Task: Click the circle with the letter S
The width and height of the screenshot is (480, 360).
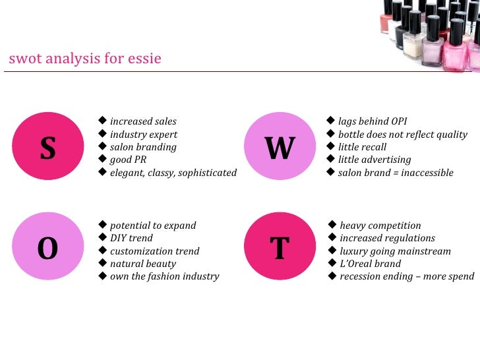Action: (x=47, y=147)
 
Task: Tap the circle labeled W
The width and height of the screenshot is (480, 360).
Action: (x=279, y=147)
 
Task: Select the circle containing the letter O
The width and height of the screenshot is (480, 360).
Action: (x=47, y=249)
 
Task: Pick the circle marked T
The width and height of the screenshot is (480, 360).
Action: (x=279, y=249)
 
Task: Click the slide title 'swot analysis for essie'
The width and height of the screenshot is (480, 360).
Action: (x=85, y=59)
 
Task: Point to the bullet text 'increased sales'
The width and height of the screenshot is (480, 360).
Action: (x=143, y=121)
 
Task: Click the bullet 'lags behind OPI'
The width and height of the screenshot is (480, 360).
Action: (x=373, y=121)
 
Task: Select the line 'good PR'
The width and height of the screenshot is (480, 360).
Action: (x=128, y=160)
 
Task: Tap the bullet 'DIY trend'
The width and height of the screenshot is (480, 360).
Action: (x=131, y=238)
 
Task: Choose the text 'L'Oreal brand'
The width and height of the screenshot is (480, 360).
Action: (x=370, y=264)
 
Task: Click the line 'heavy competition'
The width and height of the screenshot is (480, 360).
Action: (x=380, y=225)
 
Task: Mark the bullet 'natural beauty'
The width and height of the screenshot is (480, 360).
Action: (x=143, y=264)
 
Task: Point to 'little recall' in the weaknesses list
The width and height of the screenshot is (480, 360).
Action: (x=362, y=147)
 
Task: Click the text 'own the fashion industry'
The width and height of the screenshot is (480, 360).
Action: (x=164, y=276)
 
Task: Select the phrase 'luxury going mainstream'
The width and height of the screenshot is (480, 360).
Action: (x=395, y=251)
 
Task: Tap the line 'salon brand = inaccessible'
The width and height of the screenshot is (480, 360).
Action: (x=396, y=173)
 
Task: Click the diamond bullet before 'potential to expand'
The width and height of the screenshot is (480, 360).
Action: (x=102, y=225)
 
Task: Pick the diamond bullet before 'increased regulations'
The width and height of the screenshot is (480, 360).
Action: (x=332, y=237)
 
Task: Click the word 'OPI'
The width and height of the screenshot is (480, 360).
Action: (x=398, y=121)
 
